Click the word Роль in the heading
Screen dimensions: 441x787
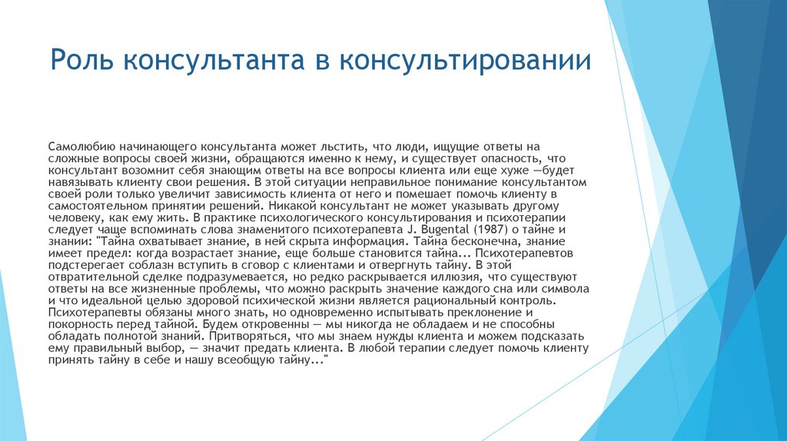(x=76, y=60)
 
